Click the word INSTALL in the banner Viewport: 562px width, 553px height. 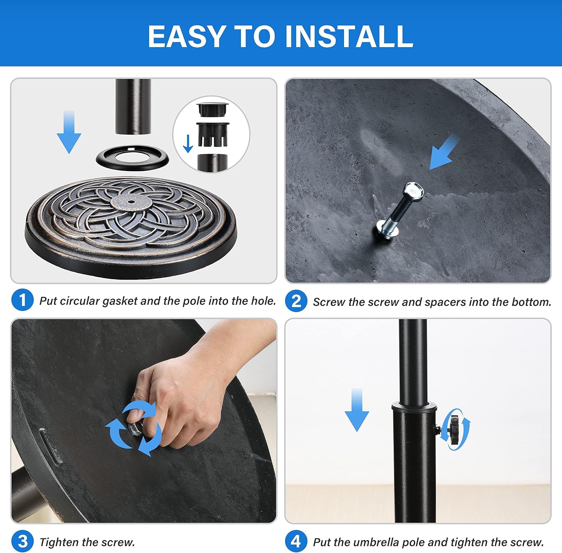pyautogui.click(x=349, y=36)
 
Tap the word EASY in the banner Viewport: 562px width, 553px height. pyautogui.click(x=186, y=36)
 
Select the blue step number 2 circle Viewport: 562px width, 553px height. pyautogui.click(x=296, y=301)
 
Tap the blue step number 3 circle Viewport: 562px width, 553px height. pyautogui.click(x=22, y=541)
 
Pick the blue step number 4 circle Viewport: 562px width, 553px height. pyautogui.click(x=296, y=541)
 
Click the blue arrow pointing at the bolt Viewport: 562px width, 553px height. pyautogui.click(x=444, y=152)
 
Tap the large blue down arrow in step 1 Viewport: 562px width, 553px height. pyautogui.click(x=69, y=132)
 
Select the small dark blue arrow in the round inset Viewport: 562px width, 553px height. pyautogui.click(x=188, y=144)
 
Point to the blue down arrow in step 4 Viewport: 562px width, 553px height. pyautogui.click(x=357, y=410)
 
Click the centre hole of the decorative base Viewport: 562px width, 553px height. pyautogui.click(x=132, y=202)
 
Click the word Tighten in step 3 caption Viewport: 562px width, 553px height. pyautogui.click(x=59, y=542)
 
